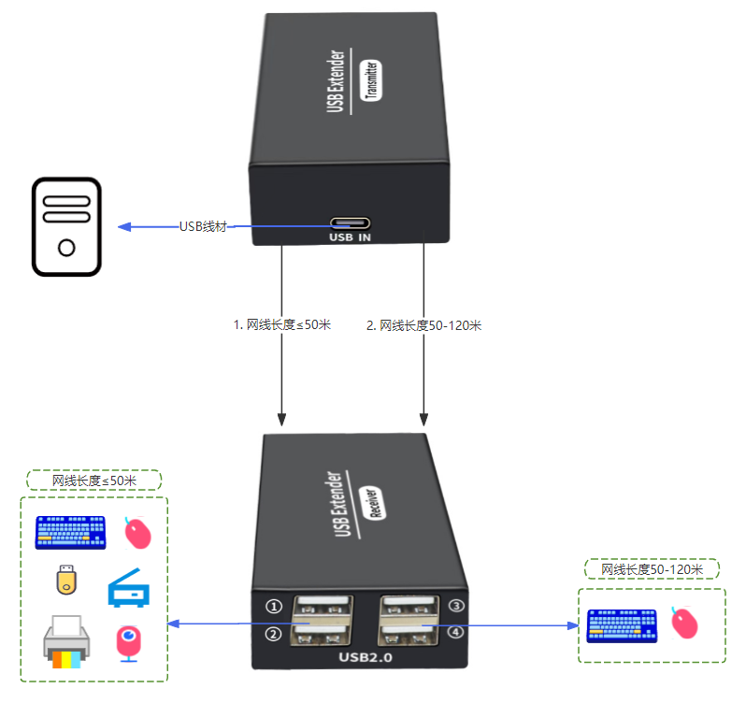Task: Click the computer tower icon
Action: pos(66,228)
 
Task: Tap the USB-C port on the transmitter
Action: pos(350,224)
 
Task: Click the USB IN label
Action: pos(350,238)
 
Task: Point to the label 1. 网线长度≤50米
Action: pos(281,325)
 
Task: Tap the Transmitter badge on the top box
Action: pos(372,84)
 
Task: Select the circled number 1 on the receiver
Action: pos(274,606)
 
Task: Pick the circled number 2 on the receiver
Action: pos(274,635)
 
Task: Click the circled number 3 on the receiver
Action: pos(456,606)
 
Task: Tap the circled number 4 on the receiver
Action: pos(456,633)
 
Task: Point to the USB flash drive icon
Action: pos(65,580)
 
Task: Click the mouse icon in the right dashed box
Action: pos(685,623)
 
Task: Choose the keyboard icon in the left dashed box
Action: pos(71,533)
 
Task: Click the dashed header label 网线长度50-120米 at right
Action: pos(652,569)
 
